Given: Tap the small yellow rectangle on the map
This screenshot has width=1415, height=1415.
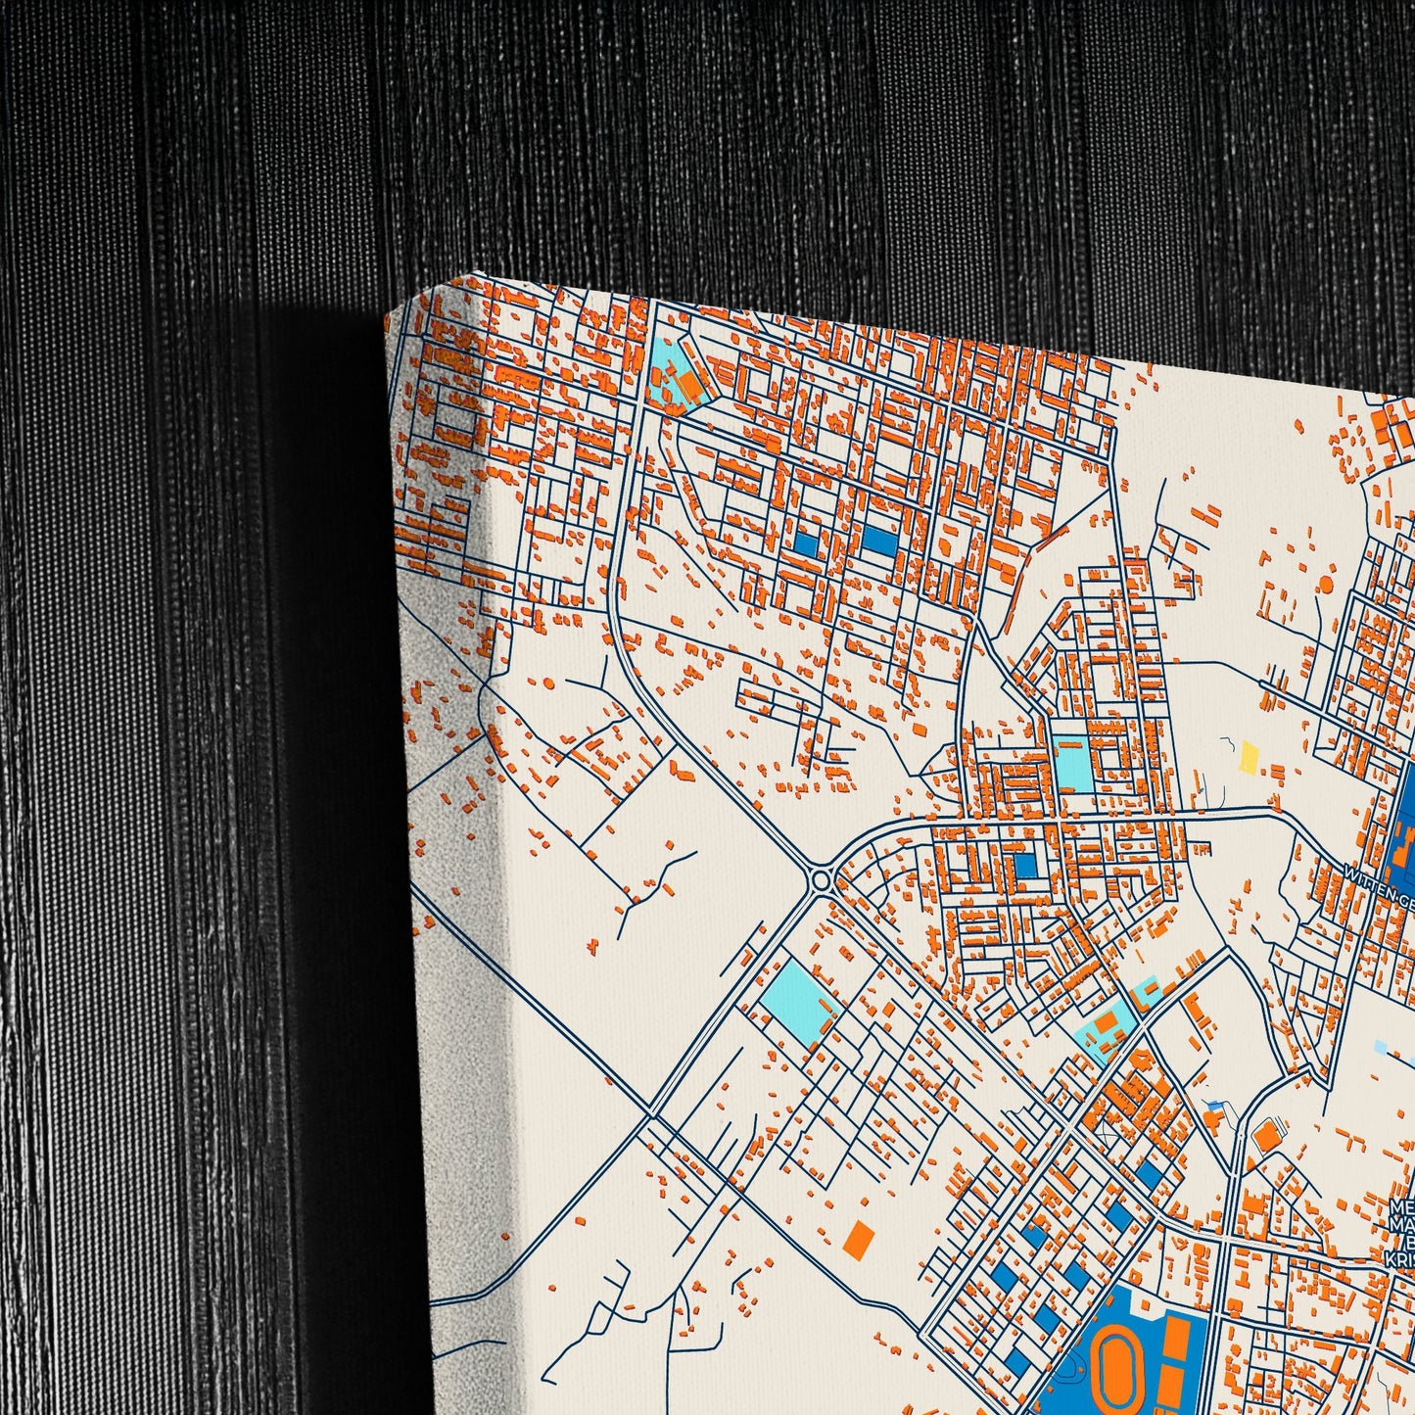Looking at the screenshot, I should [1250, 757].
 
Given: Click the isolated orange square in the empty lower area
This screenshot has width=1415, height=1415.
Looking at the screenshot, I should [858, 1238].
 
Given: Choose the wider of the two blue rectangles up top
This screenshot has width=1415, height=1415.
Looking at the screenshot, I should [880, 541].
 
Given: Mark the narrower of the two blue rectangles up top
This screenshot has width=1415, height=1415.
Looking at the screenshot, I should [807, 542].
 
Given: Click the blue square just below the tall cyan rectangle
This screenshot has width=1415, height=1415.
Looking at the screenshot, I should [1024, 866].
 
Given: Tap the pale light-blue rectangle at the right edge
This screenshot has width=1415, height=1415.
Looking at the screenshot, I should [1382, 1047].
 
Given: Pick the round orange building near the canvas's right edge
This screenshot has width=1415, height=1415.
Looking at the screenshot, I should [1327, 584].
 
